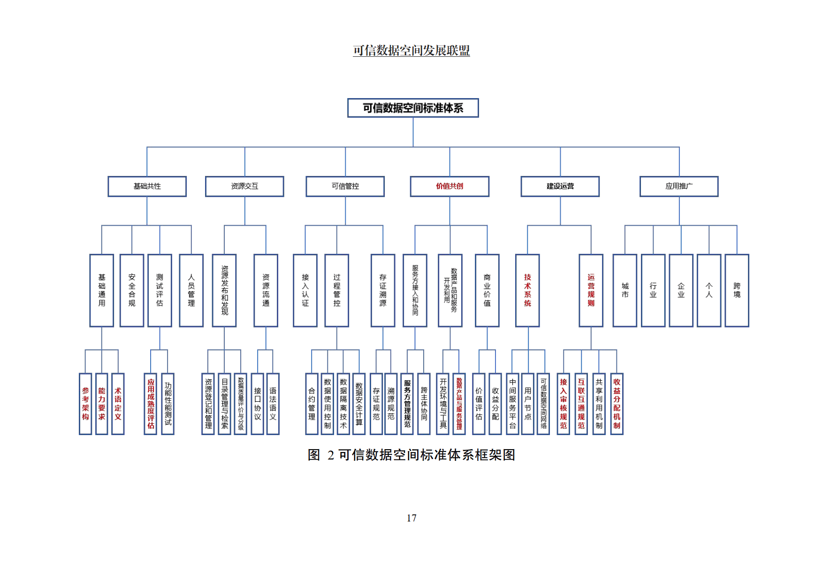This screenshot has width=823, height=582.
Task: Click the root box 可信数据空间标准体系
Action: [x=413, y=108]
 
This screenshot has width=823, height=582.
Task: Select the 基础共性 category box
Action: [x=147, y=186]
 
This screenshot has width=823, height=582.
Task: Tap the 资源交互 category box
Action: [x=244, y=186]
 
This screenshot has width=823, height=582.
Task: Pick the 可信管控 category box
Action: [x=345, y=186]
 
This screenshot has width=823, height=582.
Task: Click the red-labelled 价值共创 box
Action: [x=450, y=186]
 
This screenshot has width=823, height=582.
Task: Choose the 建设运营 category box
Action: [x=560, y=186]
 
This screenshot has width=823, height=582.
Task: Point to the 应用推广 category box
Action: [x=679, y=186]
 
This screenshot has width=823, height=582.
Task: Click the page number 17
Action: [x=411, y=518]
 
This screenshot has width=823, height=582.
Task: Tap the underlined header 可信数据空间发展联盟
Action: [x=411, y=51]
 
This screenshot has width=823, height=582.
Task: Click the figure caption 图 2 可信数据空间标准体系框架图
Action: [x=411, y=455]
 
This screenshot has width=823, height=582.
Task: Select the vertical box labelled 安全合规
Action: [x=132, y=290]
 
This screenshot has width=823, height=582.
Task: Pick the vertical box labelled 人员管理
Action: [x=191, y=290]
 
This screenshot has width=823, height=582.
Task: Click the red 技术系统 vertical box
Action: [x=527, y=290]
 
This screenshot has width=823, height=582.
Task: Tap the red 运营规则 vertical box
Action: [x=591, y=290]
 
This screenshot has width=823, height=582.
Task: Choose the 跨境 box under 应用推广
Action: [x=737, y=290]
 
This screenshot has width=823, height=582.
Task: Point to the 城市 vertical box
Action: [x=625, y=290]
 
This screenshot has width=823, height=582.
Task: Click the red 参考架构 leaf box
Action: [x=85, y=404]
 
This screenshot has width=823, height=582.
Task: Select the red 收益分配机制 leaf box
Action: [x=617, y=404]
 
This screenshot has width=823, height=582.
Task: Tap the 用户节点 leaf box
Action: [x=528, y=404]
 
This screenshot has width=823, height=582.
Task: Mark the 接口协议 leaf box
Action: [x=258, y=404]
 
